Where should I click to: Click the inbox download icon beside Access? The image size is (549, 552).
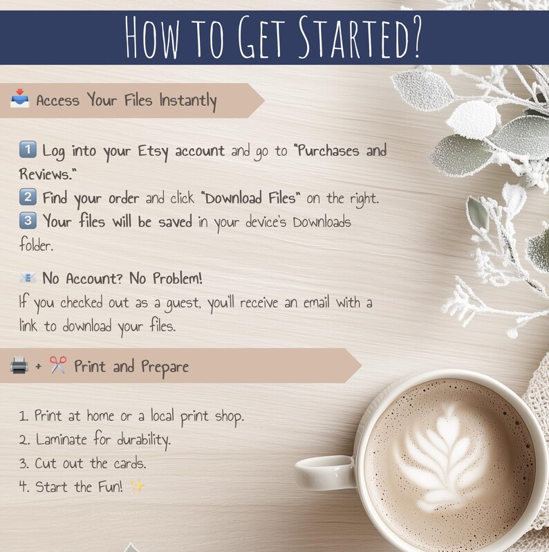[x=20, y=98]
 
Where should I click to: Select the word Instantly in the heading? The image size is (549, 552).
[x=188, y=101]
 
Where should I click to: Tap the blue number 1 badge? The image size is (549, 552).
[x=28, y=149]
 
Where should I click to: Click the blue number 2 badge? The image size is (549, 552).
[x=28, y=197]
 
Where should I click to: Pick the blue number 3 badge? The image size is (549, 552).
[x=28, y=221]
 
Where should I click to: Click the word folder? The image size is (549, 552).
[x=36, y=244]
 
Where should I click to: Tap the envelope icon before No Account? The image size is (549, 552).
[x=28, y=278]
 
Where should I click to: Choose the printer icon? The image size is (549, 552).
[x=19, y=365]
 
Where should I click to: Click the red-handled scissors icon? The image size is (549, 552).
[x=58, y=365]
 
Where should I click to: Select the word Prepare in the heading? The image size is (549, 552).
[x=165, y=367]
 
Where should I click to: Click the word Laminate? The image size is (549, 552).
[x=62, y=439]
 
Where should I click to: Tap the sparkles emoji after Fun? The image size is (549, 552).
[x=137, y=486]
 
